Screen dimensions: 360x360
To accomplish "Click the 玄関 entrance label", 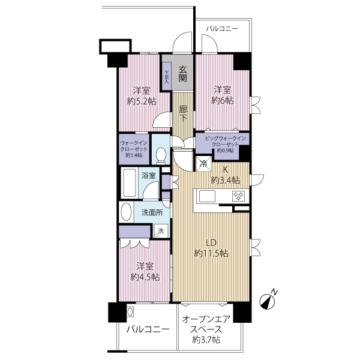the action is coord(183,74).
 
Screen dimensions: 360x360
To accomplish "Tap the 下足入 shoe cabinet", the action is coord(166,76).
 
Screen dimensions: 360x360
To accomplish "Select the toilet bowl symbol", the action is coord(161,155).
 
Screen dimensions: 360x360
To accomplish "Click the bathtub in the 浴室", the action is coord(129,183).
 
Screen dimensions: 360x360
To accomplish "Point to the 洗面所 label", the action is coord(152,212).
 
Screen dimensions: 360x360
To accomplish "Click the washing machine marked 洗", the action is coord(160,231).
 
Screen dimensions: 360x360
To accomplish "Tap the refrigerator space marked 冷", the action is coord(203,164).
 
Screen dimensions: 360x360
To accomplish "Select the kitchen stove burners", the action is coord(239,196).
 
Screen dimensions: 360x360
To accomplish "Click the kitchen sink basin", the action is coord(207,196).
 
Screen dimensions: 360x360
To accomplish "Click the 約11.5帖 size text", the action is coord(211,253).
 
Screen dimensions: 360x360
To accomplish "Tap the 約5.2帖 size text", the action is coord(142,101).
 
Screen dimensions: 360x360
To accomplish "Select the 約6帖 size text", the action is coord(222,100).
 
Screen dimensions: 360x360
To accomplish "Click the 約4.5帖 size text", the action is coord(145,277).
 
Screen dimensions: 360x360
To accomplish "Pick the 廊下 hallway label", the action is coord(183,114).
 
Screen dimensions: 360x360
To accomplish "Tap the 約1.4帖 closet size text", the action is coord(134,155).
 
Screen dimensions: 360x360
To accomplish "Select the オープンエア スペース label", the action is coord(206,325).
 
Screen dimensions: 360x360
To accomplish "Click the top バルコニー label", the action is coord(222,29).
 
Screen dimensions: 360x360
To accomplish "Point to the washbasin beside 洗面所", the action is coord(126,212).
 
